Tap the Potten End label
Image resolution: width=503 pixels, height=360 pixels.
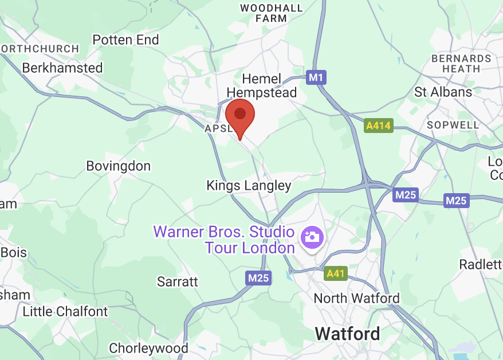125,40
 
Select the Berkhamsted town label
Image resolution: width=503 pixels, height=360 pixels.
62,68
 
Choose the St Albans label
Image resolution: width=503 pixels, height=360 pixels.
443,92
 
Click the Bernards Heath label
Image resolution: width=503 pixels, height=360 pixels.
461,63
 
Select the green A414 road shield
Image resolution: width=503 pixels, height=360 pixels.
378,125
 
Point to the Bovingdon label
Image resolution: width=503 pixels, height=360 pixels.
118,166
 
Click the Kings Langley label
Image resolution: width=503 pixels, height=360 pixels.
249,186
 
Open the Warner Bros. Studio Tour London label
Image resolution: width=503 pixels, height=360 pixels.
224,240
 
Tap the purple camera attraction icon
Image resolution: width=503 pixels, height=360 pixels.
313,236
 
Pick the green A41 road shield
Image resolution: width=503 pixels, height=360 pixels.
335,273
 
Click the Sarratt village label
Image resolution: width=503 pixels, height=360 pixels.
178,281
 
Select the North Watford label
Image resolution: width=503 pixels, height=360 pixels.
356,299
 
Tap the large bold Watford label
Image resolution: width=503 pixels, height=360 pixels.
347,334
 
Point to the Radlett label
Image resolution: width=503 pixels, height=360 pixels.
480,264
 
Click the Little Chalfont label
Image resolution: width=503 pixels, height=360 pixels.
65,312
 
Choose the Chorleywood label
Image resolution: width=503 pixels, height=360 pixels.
148,348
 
